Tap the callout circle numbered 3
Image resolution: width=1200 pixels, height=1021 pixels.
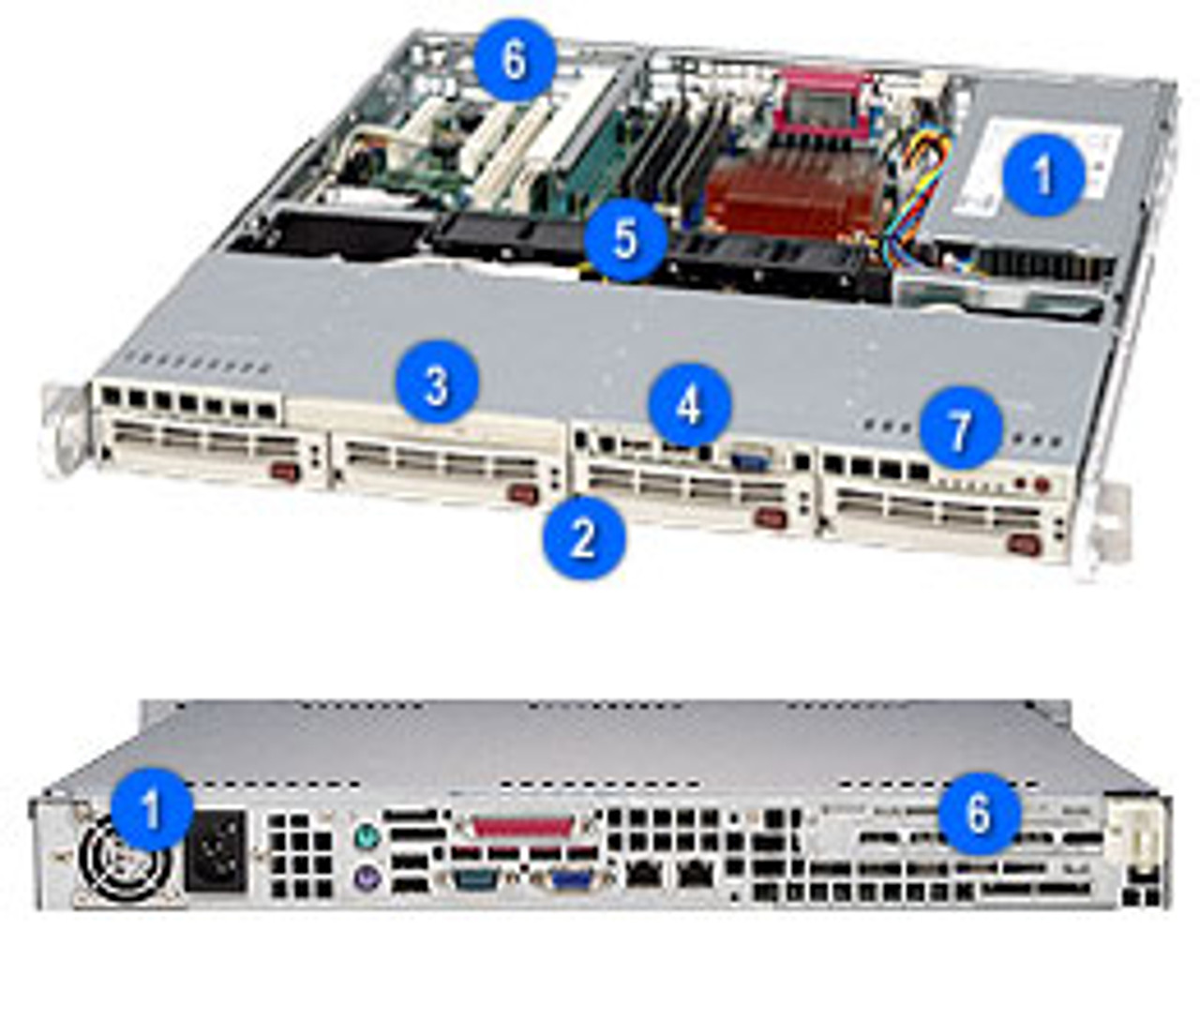(x=437, y=384)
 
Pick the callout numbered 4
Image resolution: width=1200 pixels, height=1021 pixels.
(x=688, y=405)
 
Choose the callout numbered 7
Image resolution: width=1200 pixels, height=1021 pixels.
(x=961, y=429)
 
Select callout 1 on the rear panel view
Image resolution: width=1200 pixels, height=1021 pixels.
(x=152, y=807)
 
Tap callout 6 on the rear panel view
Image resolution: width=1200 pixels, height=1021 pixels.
(x=978, y=813)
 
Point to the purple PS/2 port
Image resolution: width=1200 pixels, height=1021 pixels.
(x=367, y=875)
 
